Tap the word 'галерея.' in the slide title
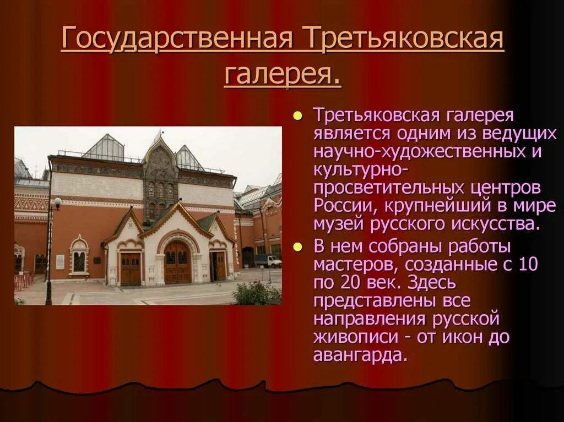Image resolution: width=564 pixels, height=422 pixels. coord(283,74)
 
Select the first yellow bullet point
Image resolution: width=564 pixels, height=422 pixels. coord(298,116)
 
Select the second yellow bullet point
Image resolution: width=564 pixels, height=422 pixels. coord(298,246)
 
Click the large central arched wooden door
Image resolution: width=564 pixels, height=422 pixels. coord(177,262)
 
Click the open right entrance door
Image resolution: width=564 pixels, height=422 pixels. coord(219,266)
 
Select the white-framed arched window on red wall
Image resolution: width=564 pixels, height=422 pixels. coord(79,257)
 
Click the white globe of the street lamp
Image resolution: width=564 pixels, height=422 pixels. coord(58,202)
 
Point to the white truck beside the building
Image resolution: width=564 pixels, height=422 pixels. coord(268,261)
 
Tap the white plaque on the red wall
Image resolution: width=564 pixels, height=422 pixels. coord(60,262)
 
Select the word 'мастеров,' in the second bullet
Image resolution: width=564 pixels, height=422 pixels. coord(357,265)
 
